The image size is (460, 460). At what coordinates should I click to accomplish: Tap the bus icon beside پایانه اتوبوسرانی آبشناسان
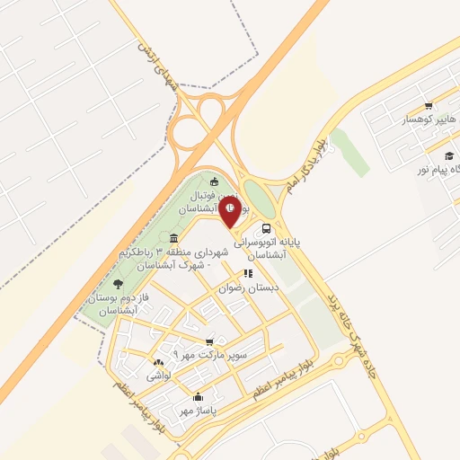tap(266, 228)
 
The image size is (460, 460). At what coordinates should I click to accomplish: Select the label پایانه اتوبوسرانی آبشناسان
tap(267, 248)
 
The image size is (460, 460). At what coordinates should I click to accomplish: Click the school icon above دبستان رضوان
tap(248, 274)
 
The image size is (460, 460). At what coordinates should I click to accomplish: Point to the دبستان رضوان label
tap(250, 288)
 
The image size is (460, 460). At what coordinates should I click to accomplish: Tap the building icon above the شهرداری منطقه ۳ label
tap(173, 238)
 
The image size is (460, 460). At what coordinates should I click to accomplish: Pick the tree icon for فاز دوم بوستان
tap(119, 284)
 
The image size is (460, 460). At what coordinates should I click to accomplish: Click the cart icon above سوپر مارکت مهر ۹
tap(209, 341)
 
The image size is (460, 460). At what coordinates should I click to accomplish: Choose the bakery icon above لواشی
tap(159, 360)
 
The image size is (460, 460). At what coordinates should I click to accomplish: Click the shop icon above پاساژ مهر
tap(198, 396)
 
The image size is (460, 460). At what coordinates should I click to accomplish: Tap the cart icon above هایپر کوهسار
tap(429, 105)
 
